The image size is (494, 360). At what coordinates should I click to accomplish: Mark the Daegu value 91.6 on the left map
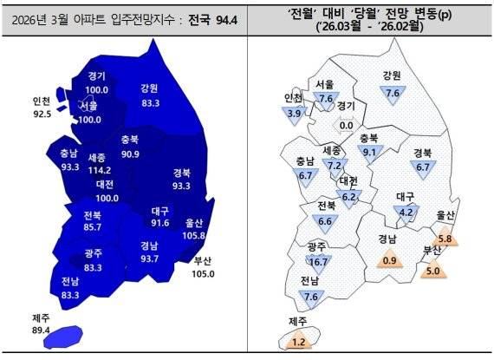click(159, 223)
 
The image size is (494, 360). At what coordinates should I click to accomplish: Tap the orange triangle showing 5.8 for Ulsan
click(445, 238)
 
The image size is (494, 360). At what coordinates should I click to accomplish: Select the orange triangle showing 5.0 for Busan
click(433, 270)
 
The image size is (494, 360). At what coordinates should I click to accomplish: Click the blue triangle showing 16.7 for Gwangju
click(318, 261)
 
